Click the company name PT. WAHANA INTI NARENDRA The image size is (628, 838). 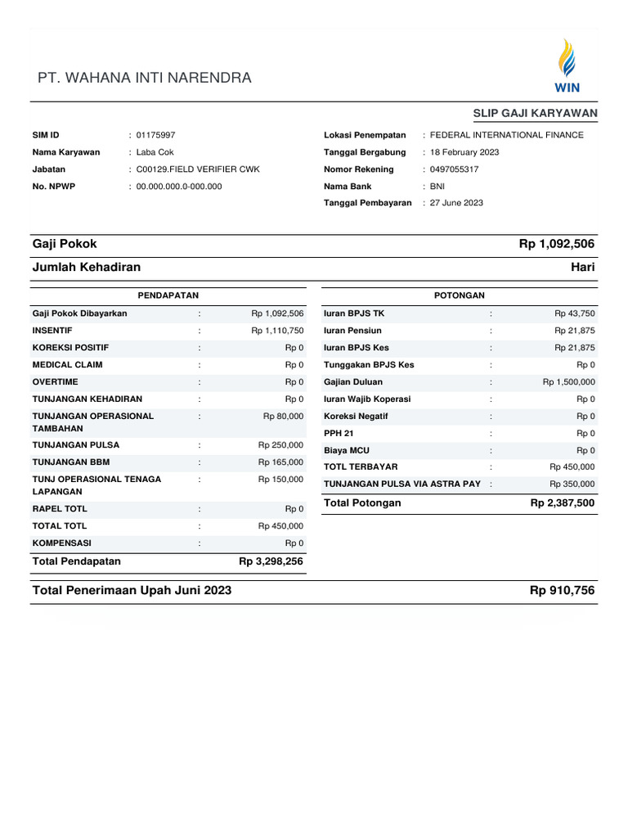[145, 79]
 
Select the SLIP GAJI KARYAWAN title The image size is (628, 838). [535, 113]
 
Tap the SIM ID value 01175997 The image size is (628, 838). [155, 135]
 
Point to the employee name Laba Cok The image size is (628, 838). [155, 152]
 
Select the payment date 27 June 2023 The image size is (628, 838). [456, 203]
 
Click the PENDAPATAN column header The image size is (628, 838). [168, 295]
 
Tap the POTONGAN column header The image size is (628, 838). [460, 295]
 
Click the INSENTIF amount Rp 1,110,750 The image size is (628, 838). [277, 331]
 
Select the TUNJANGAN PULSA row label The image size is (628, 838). [75, 445]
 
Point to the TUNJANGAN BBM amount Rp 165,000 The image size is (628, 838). [280, 462]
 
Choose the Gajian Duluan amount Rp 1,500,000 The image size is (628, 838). [568, 382]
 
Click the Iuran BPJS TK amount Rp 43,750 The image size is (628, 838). [574, 313]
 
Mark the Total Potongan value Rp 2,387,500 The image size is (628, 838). [563, 503]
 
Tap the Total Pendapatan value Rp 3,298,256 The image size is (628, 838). [271, 561]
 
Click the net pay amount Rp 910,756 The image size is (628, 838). [562, 591]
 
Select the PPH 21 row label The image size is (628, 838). [339, 433]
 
